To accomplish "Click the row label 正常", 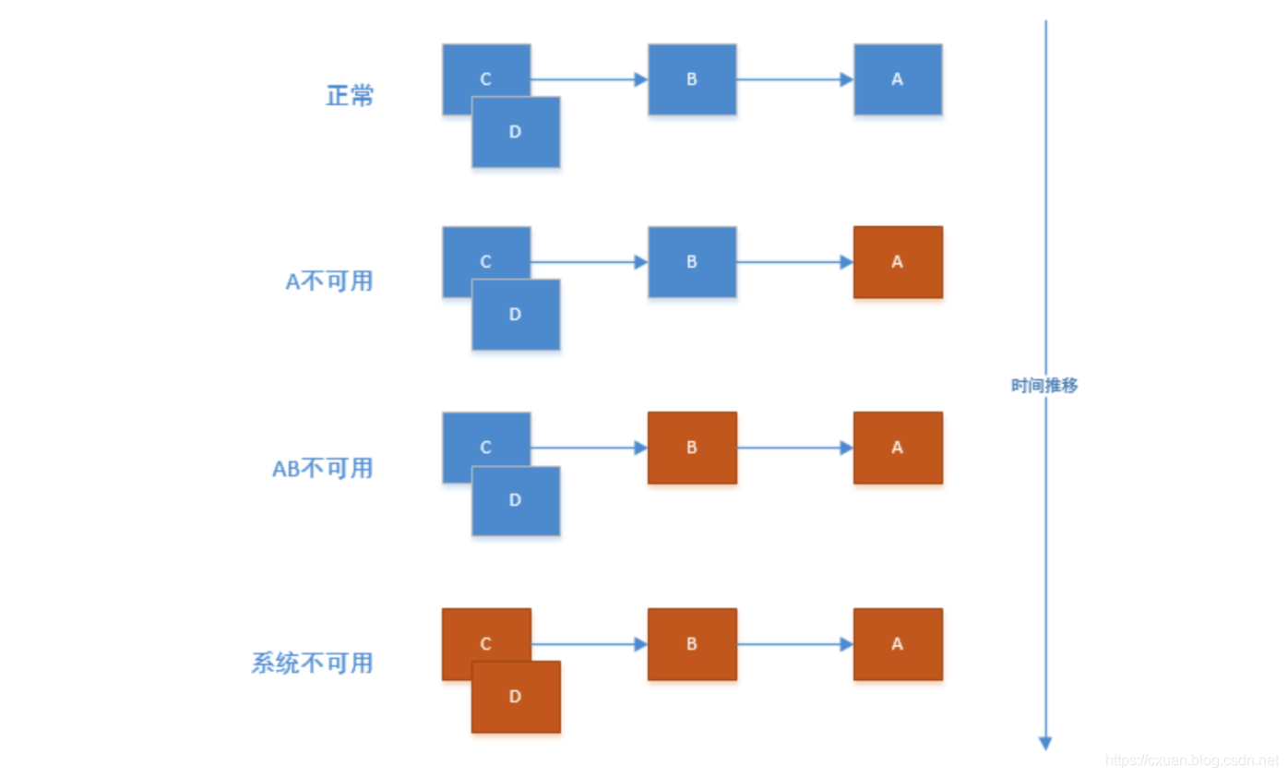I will [x=350, y=96].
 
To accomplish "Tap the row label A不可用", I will [x=329, y=281].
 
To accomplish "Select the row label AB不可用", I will [x=323, y=468].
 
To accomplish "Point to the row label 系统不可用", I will [x=312, y=663].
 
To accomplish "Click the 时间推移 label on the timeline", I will [x=1044, y=386].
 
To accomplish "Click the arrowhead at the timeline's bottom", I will [x=1045, y=743].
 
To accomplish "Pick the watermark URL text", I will [x=1191, y=760].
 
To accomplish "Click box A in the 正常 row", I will [x=898, y=79].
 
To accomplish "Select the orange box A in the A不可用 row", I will [x=898, y=262].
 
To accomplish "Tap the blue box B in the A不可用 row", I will [x=692, y=262].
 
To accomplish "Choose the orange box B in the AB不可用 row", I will [x=692, y=448].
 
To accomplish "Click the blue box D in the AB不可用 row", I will [x=516, y=501].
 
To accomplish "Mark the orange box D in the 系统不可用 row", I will [x=516, y=697].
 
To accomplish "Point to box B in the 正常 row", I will [x=692, y=79].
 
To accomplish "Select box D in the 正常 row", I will [x=516, y=132].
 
